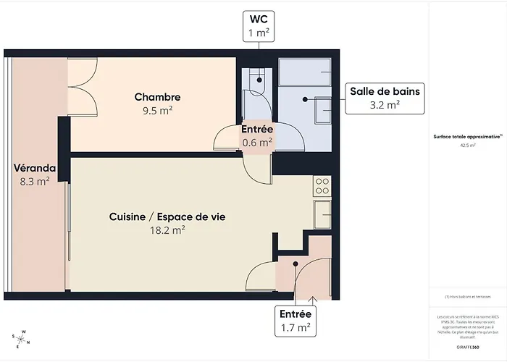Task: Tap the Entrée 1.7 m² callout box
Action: (295, 321)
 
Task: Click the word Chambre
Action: (157, 97)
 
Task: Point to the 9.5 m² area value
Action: (157, 111)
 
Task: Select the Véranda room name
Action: (34, 168)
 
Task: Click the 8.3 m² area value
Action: (34, 182)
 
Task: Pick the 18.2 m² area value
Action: (167, 230)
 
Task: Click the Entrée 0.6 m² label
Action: (256, 135)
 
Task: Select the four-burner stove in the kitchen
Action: (322, 186)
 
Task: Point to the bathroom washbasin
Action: (323, 109)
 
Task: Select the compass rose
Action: (22, 337)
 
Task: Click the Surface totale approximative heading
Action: (466, 136)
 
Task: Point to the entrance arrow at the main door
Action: (312, 298)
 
